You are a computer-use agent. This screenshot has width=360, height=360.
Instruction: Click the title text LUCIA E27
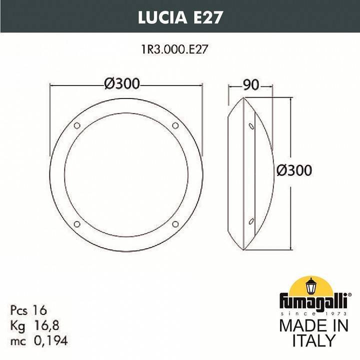pos(180,17)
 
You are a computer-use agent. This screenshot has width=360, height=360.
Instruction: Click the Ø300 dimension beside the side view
pos(294,170)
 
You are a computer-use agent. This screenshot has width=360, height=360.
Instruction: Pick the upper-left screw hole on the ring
pos(76,124)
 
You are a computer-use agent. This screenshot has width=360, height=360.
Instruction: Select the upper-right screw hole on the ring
pos(175,124)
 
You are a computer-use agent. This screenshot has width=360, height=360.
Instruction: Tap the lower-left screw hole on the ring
pos(76,223)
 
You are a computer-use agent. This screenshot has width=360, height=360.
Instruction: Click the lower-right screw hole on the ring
pos(175,223)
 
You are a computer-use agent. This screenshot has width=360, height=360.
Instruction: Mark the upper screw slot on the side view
pos(250,124)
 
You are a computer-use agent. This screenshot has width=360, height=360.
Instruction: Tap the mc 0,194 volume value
pos(38,341)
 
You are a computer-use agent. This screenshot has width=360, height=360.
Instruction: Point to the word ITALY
pos(313,341)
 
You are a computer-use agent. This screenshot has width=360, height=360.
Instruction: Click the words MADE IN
pos(313,325)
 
